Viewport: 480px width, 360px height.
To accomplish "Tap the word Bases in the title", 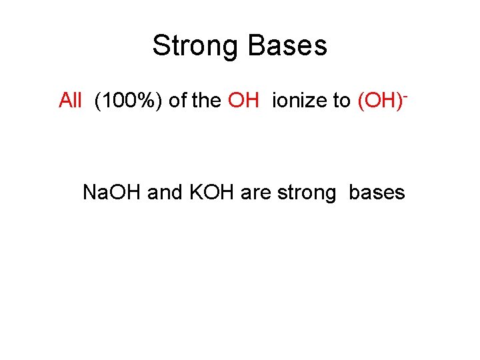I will [x=288, y=46].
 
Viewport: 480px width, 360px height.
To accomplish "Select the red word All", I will [x=70, y=101].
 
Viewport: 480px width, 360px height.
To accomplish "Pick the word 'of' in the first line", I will [x=177, y=101].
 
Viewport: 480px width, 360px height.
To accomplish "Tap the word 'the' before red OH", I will [x=207, y=101].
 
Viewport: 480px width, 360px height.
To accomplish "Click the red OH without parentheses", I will [x=243, y=101].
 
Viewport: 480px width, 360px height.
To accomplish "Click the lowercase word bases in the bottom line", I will [x=377, y=193].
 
